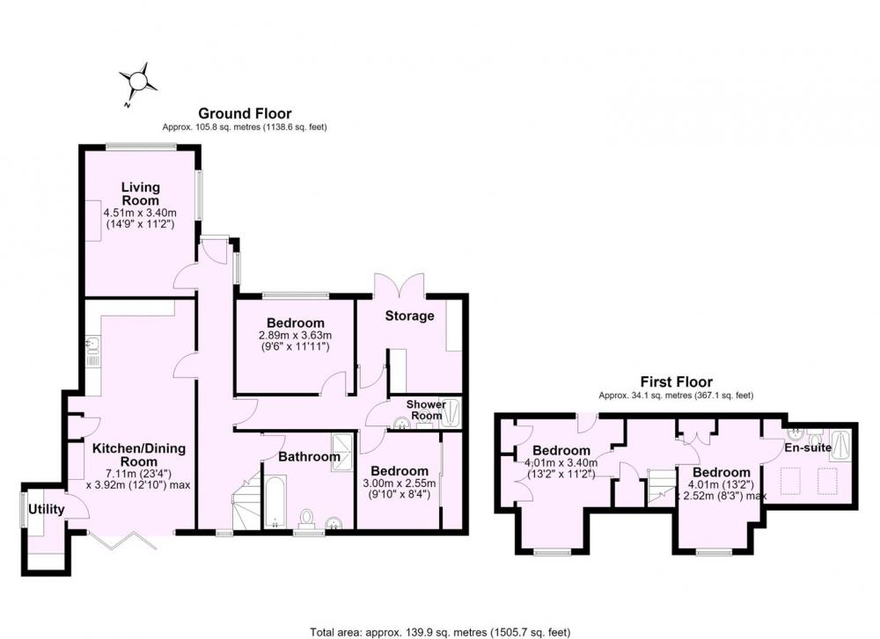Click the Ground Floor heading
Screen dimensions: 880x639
point(245,113)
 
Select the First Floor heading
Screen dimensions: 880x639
point(676,382)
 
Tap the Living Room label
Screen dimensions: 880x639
point(140,193)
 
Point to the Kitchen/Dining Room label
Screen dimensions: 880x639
point(139,454)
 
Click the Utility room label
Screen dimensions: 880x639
point(46,509)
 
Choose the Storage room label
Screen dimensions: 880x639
point(410,316)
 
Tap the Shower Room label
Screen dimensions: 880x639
point(426,410)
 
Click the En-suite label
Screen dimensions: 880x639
point(808,447)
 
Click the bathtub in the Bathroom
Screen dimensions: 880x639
point(275,501)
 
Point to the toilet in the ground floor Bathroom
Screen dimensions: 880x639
point(307,519)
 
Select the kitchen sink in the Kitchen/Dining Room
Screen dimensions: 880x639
point(92,352)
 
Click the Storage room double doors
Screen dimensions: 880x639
point(399,284)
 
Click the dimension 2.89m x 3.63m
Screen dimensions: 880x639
point(295,335)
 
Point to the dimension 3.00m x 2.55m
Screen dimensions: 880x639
point(399,483)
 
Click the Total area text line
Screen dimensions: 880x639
point(440,632)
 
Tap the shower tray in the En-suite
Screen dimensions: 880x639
point(840,446)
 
